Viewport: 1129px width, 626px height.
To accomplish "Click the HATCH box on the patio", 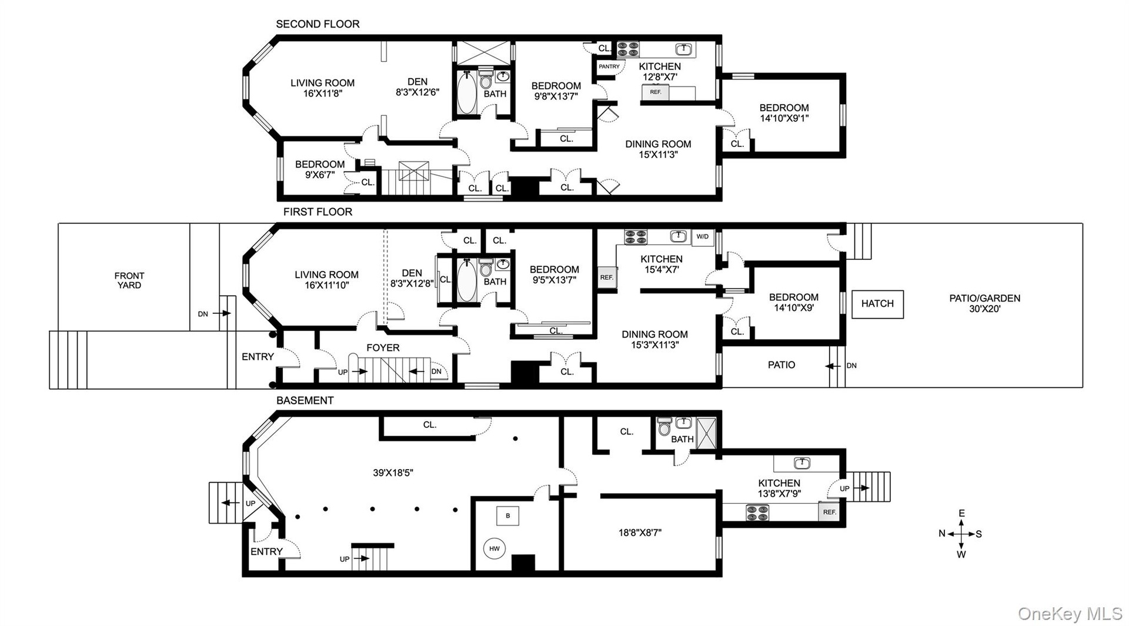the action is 877,304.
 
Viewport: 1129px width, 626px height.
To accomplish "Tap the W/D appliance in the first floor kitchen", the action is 703,236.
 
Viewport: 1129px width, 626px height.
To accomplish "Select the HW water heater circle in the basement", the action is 494,548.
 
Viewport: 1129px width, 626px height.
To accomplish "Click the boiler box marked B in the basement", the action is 508,515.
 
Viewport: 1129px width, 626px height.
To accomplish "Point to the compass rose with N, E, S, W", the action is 961,534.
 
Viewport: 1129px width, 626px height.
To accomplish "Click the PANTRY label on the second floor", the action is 609,66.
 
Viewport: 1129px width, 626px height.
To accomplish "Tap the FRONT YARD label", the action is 129,280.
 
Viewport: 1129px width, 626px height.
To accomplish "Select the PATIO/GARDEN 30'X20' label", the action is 985,303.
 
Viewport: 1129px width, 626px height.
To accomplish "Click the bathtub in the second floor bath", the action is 466,92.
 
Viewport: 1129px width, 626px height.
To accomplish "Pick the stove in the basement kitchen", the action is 757,513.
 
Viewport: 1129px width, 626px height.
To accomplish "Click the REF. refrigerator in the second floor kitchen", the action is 656,92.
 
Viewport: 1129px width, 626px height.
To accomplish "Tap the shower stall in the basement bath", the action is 706,433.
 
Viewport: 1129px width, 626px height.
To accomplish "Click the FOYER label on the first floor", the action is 383,348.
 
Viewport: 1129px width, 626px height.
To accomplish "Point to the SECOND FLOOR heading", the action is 318,24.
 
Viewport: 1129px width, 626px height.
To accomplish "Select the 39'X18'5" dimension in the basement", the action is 393,473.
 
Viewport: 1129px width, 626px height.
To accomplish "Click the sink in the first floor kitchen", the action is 679,236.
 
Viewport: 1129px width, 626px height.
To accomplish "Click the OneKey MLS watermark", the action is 1070,614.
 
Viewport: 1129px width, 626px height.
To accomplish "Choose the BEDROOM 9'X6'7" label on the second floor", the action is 320,169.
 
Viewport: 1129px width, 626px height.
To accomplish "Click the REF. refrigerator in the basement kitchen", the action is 829,512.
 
